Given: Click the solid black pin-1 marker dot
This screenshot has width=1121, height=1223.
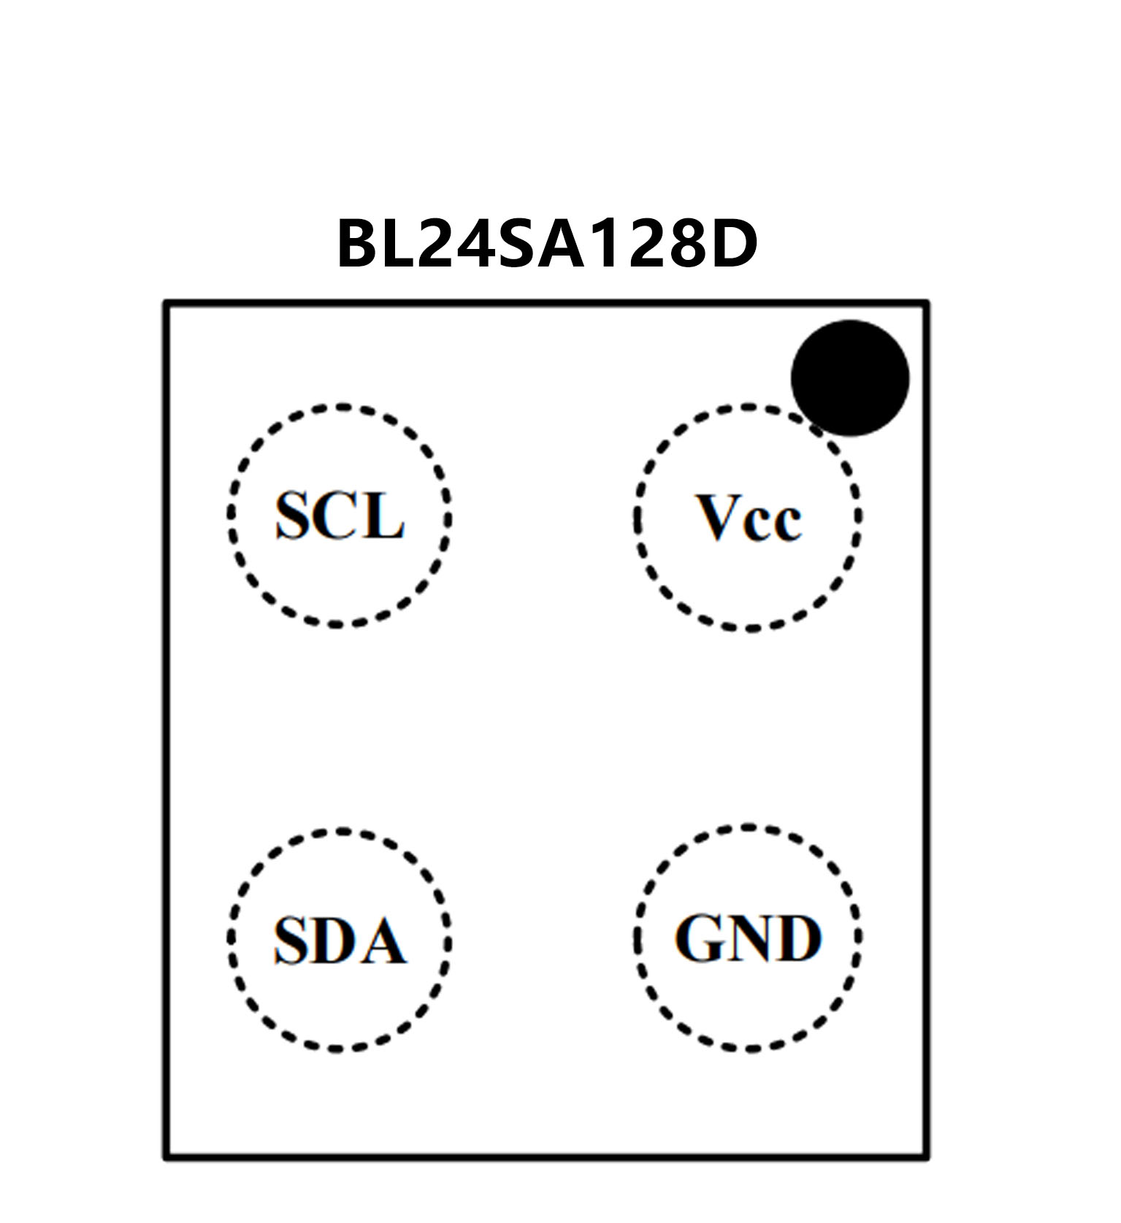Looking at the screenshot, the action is [x=850, y=377].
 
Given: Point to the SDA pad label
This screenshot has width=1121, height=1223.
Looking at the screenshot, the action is [x=340, y=939].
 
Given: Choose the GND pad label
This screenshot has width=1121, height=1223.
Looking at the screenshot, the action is [x=749, y=938].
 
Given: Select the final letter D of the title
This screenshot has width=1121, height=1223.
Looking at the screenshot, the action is [x=732, y=243].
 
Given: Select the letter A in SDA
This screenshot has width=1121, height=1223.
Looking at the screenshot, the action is [x=384, y=940].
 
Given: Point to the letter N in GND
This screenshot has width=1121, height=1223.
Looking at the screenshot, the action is [x=749, y=938].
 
